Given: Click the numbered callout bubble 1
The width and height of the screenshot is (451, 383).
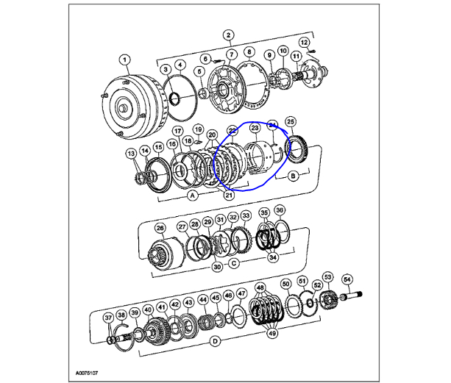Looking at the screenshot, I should pyautogui.click(x=124, y=60).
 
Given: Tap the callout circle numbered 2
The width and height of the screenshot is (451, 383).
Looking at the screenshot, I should pyautogui.click(x=229, y=35).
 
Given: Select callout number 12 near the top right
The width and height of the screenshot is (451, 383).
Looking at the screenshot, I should pyautogui.click(x=305, y=43).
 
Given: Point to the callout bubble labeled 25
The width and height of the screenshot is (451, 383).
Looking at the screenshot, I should pyautogui.click(x=291, y=121).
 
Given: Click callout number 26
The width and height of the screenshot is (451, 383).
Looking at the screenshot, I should pyautogui.click(x=161, y=228).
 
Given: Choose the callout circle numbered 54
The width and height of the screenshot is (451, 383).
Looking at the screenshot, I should pyautogui.click(x=347, y=279).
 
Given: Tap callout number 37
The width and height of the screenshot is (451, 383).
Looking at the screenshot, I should pyautogui.click(x=107, y=318).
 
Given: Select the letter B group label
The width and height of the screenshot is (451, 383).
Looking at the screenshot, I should pyautogui.click(x=293, y=176).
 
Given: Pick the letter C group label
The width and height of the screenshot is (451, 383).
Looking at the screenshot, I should pyautogui.click(x=232, y=262).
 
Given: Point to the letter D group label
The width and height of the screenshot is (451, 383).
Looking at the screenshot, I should pyautogui.click(x=216, y=341).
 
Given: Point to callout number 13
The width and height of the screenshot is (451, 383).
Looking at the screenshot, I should pyautogui.click(x=130, y=153).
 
